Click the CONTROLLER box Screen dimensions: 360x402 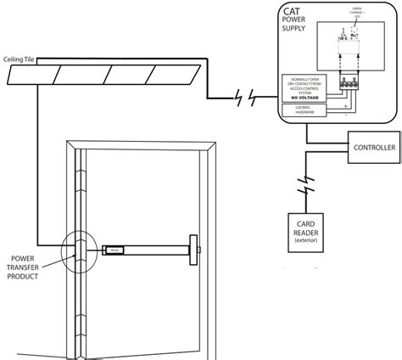click(x=373, y=148)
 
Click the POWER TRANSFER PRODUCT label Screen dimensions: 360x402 click(x=25, y=271)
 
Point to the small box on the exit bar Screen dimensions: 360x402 click(x=112, y=250)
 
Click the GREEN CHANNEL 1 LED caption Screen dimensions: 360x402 click(x=356, y=13)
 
